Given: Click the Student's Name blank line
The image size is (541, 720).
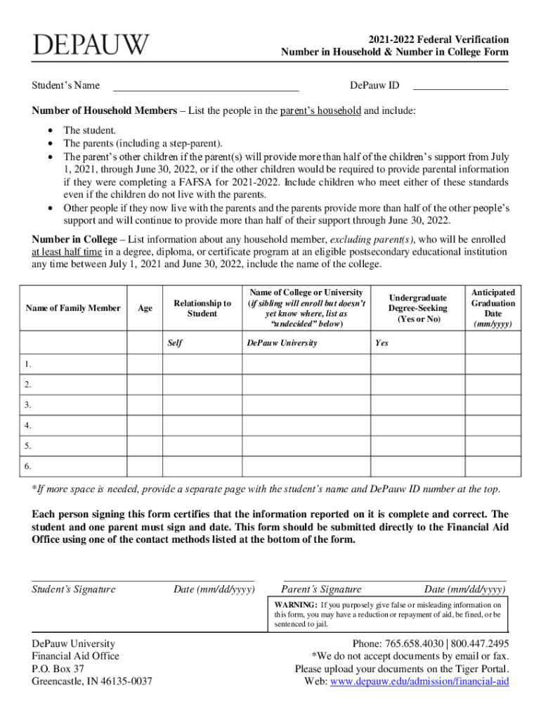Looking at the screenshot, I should coord(206,87).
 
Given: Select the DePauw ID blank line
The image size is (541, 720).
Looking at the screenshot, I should coord(460,86).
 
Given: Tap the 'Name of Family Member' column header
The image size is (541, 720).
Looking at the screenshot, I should coord(74,308).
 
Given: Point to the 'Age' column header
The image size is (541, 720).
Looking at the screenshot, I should coord(145,308).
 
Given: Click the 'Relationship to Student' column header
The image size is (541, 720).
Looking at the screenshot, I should coord(202,308).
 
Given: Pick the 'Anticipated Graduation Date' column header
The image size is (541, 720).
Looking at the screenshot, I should coord(493,308).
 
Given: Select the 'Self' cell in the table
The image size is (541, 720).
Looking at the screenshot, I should coord(175,343).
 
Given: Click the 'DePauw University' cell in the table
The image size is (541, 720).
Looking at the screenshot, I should coord(282,343).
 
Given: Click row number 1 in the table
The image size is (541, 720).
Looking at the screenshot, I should coord(27,364).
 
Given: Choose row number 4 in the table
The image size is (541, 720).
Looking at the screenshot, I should coord(27,425).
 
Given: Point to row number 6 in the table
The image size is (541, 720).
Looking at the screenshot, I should coord(27,465).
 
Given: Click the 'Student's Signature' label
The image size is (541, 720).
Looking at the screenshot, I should coord(74,589).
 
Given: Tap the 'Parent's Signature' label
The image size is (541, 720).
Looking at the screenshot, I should coord(321,589).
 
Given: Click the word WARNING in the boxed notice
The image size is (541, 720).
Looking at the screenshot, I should coord(296,604).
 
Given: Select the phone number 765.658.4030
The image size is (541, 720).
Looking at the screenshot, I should coord(414,643).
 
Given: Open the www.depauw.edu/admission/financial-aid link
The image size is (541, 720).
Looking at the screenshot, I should coord(419,681).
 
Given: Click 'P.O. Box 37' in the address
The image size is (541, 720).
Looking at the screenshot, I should coord(58,669).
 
